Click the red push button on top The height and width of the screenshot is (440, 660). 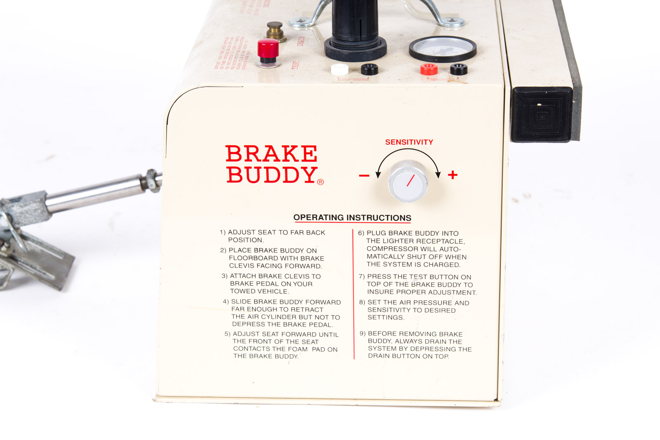[268, 49]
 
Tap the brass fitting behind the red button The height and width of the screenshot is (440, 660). [275, 31]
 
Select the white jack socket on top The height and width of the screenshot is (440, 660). [339, 69]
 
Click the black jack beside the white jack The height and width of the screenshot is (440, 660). [369, 69]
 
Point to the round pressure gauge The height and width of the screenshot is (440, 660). [443, 48]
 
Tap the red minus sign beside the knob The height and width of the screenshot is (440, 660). [364, 176]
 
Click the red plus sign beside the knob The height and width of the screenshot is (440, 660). [453, 175]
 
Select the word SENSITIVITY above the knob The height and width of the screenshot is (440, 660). [409, 142]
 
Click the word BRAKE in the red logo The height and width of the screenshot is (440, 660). [271, 154]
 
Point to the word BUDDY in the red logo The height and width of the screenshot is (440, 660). [271, 175]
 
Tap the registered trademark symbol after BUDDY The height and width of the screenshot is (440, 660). [321, 182]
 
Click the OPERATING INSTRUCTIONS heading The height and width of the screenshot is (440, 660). [352, 218]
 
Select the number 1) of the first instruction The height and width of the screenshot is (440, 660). [223, 233]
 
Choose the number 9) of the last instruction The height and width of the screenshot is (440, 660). [363, 334]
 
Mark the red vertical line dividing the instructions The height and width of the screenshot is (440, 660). [354, 295]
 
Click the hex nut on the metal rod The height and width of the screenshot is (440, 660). [151, 180]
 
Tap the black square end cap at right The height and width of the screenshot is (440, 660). [542, 115]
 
